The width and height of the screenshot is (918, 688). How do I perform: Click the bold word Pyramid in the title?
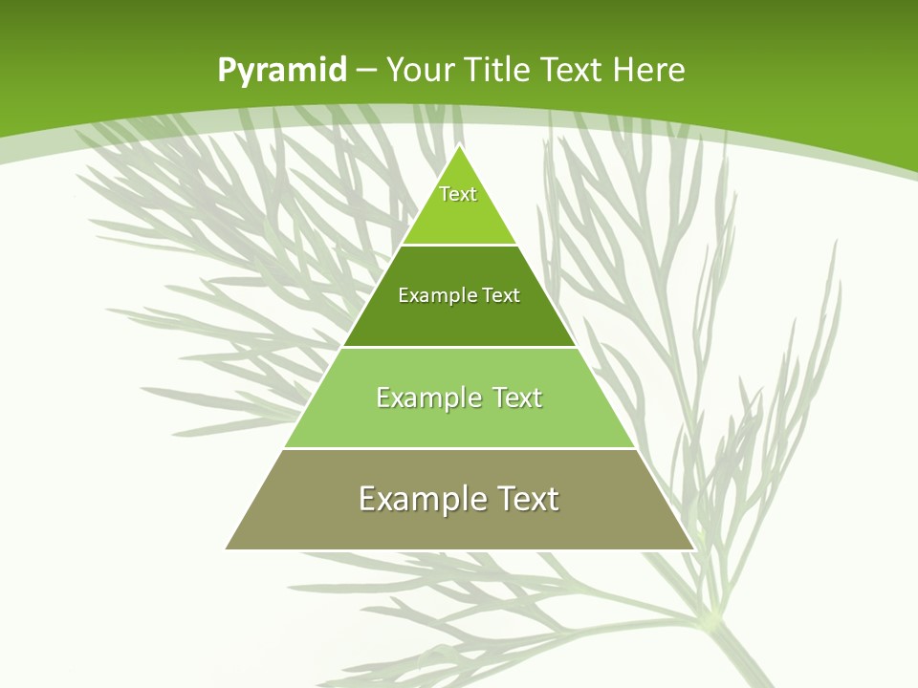[x=281, y=71]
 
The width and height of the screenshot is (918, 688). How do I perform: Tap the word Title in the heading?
[x=501, y=70]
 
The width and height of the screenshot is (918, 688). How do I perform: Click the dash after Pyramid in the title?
[x=366, y=71]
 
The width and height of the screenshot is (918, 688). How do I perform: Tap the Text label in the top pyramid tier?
[x=458, y=194]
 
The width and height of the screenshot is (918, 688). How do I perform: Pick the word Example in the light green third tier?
[x=428, y=398]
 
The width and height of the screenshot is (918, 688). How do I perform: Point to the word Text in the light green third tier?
[x=517, y=398]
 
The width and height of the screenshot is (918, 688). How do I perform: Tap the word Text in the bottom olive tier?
[x=528, y=499]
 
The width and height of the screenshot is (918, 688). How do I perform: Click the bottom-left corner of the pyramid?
[x=227, y=548]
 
